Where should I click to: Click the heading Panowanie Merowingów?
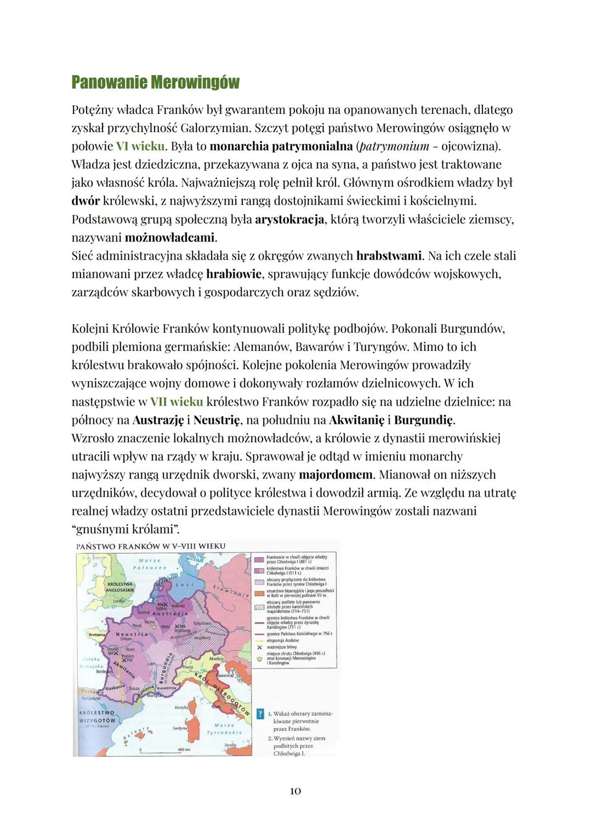coord(155,83)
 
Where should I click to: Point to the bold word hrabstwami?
coord(389,256)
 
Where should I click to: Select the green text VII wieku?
coord(177,401)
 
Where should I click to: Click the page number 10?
coord(295,791)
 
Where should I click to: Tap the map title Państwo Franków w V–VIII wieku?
coord(151,546)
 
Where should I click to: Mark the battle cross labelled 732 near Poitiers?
coord(124,660)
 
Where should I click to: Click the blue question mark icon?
coord(260,714)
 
